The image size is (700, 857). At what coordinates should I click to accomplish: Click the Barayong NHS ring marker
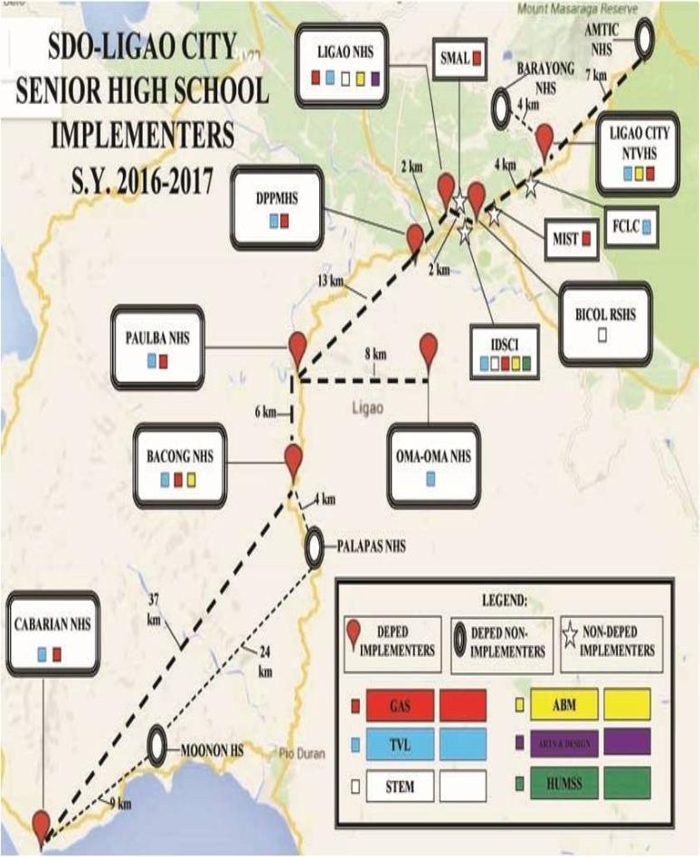(503, 108)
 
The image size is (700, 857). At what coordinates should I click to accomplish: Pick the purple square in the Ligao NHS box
(374, 80)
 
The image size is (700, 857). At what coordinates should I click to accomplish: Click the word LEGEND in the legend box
(500, 598)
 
